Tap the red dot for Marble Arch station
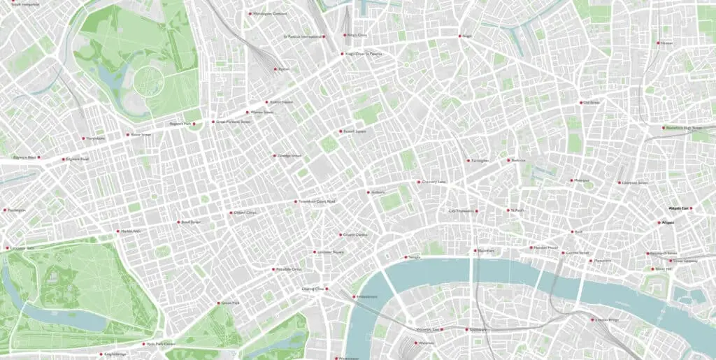click(x=118, y=231)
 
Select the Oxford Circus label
click(x=245, y=213)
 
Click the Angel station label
click(x=468, y=36)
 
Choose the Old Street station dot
click(x=580, y=103)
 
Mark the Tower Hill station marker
click(x=651, y=269)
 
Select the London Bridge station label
click(x=607, y=319)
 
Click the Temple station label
click(x=415, y=257)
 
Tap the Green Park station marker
click(x=217, y=303)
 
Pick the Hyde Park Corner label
click(x=160, y=344)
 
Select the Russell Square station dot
click(x=339, y=131)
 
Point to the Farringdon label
click(x=480, y=161)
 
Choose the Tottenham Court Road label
click(x=317, y=201)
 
